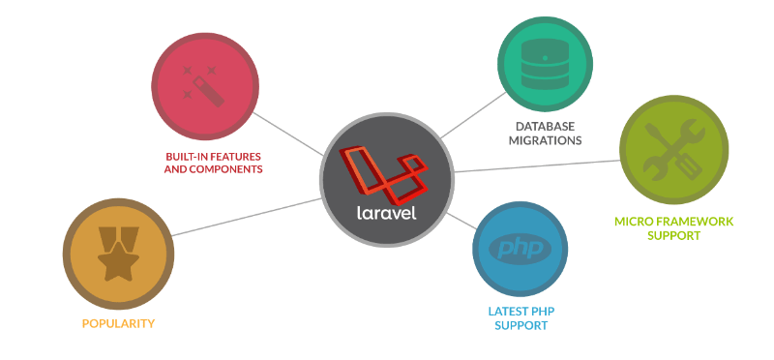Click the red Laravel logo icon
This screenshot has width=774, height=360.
pyautogui.click(x=385, y=171)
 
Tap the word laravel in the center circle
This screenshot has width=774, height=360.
pyautogui.click(x=386, y=211)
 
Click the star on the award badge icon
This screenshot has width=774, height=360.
pyautogui.click(x=116, y=259)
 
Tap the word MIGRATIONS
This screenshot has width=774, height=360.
pyautogui.click(x=546, y=140)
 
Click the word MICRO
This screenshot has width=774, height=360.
pyautogui.click(x=635, y=222)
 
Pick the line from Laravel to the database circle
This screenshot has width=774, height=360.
pyautogui.click(x=474, y=114)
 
